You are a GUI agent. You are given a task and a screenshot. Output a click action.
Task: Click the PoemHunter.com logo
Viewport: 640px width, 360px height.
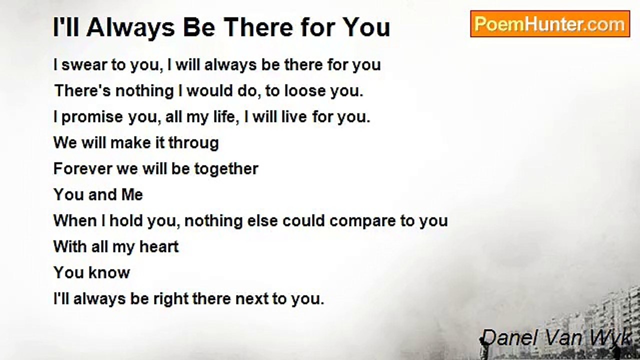pos(550,24)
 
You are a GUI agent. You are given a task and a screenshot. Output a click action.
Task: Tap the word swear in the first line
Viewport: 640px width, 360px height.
pos(83,65)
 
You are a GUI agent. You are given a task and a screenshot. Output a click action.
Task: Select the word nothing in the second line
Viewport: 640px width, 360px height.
pos(144,91)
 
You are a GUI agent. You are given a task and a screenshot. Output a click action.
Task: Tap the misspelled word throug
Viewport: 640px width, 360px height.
pos(193,143)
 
